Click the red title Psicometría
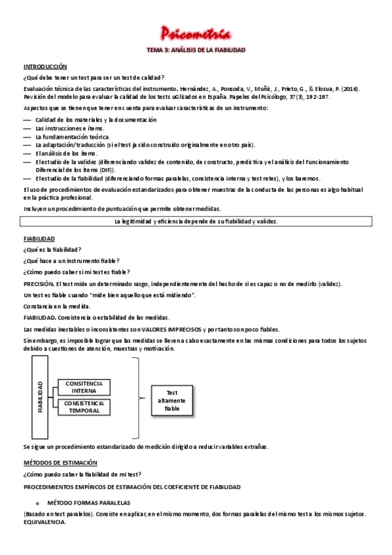pyautogui.click(x=196, y=33)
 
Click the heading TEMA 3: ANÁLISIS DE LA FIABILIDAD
pyautogui.click(x=196, y=50)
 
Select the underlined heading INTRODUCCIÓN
pyautogui.click(x=45, y=67)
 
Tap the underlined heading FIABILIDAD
pyautogui.click(x=39, y=238)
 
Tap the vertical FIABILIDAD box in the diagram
pyautogui.click(x=39, y=397)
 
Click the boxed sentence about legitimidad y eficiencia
pyautogui.click(x=196, y=222)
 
